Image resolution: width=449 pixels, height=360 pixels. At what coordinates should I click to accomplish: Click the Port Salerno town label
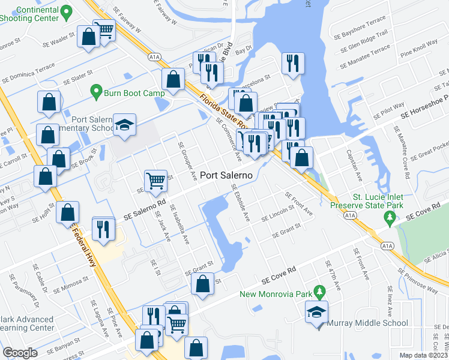pos(226,175)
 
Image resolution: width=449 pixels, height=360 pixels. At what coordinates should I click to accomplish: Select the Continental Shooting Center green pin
pos(67,11)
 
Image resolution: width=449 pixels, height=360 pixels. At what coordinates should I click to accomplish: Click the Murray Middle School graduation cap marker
pos(316,313)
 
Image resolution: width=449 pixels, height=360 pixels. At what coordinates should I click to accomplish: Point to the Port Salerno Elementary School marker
pos(125,125)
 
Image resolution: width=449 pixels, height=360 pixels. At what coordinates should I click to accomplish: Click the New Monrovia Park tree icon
pos(320,292)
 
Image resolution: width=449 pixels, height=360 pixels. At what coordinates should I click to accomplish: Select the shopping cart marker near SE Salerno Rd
pos(155,180)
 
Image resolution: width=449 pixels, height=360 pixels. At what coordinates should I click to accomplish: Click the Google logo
pos(20,353)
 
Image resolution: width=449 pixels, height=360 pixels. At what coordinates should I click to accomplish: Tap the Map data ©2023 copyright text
pos(424,355)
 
